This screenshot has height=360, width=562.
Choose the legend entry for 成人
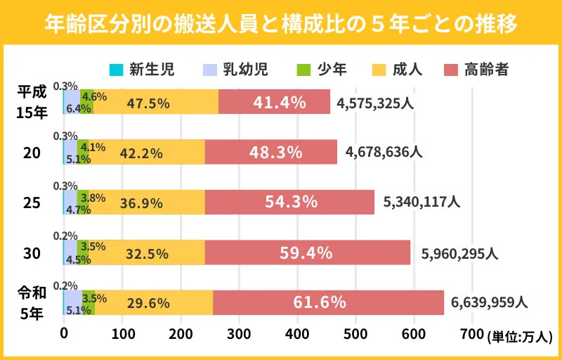(x=398, y=69)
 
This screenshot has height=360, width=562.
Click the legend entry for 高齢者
(x=477, y=69)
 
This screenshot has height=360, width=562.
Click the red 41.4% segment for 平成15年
(x=275, y=102)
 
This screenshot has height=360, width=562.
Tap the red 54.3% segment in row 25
(x=289, y=202)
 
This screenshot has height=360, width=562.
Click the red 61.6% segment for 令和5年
(x=328, y=303)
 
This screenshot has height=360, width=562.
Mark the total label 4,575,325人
(x=376, y=103)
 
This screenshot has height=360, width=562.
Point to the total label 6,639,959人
(x=489, y=303)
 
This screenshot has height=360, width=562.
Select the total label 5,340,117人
(x=421, y=202)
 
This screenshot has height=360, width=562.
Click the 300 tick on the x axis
(x=239, y=333)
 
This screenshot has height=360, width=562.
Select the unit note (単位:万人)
(x=520, y=337)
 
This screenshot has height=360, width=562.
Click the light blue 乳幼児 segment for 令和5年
(x=73, y=303)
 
